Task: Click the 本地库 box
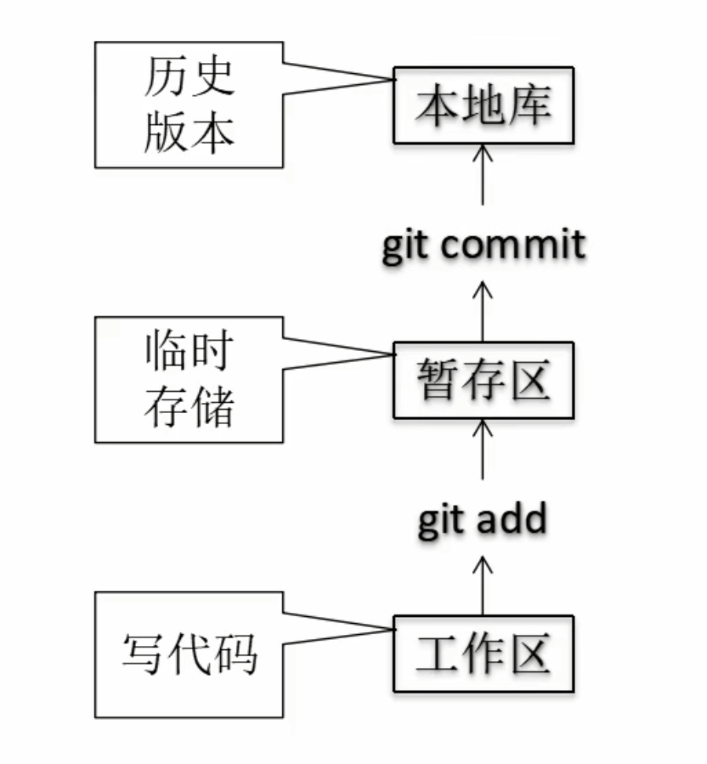[x=483, y=105]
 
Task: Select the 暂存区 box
[x=483, y=380]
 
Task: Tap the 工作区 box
[x=483, y=654]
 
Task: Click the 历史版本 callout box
[x=189, y=105]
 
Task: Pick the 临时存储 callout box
[x=189, y=379]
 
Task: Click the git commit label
[x=484, y=245]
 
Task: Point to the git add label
[x=481, y=519]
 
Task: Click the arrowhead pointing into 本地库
[x=483, y=153]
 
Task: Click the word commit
[x=514, y=245]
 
